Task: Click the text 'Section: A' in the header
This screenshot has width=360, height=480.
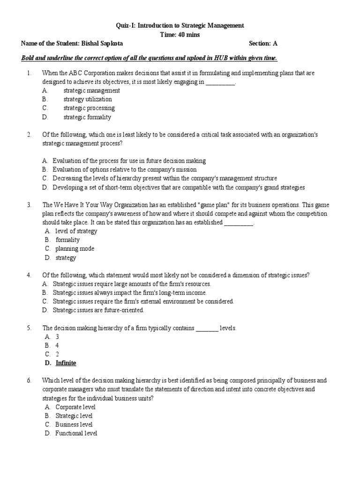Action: click(263, 44)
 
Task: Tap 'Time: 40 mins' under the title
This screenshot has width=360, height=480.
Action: click(180, 34)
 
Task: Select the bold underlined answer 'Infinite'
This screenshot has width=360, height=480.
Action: click(66, 363)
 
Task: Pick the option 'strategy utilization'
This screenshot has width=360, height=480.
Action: click(88, 99)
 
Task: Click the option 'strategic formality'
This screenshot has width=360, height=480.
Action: click(87, 117)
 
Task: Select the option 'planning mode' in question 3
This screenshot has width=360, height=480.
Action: click(75, 249)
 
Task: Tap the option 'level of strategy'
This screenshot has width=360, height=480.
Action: click(76, 231)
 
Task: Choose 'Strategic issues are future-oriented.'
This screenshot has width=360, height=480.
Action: click(98, 310)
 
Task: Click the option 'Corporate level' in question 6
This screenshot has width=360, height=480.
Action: click(75, 407)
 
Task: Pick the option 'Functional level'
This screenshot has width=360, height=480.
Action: click(76, 434)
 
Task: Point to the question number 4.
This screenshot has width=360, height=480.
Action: click(29, 275)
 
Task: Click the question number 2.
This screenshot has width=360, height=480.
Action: click(29, 135)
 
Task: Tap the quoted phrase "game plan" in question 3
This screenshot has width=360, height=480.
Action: click(214, 205)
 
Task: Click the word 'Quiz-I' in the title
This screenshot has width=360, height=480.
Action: click(124, 25)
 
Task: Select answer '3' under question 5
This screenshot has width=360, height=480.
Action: click(57, 337)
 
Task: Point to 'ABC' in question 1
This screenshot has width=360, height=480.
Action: click(75, 73)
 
